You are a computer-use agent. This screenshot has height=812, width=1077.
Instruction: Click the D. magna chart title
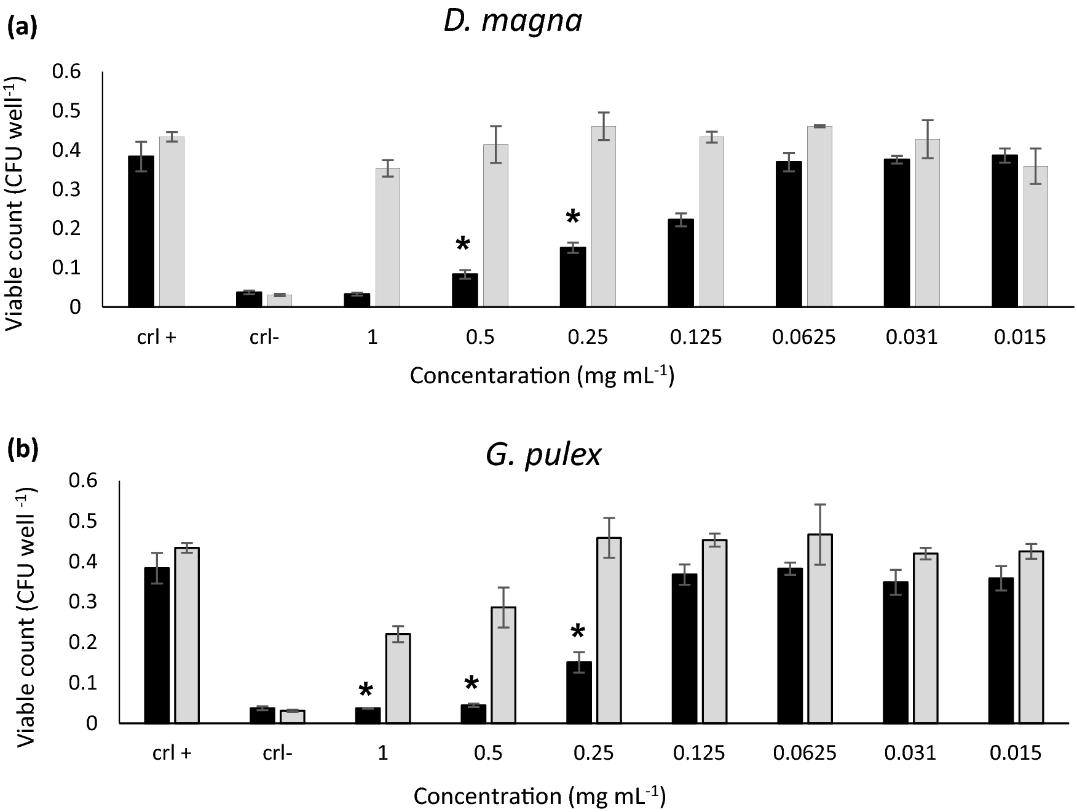point(512,22)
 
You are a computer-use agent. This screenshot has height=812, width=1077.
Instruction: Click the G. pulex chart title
point(543,455)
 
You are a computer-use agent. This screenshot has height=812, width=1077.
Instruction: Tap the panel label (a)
point(22,28)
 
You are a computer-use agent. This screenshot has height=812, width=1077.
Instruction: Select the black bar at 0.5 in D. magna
point(465,290)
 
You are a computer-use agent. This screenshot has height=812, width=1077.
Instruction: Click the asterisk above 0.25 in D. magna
point(572,218)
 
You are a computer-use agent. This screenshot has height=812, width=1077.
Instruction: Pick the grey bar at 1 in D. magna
point(387,237)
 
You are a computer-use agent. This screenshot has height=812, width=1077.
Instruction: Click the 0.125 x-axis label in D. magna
point(696,337)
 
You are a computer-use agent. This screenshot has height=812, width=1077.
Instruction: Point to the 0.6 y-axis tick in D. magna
point(66,72)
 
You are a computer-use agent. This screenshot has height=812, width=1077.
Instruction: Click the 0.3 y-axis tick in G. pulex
point(82,602)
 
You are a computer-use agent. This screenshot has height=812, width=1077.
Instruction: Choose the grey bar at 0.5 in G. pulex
point(503,665)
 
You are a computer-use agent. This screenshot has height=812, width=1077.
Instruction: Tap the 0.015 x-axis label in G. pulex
point(1016,753)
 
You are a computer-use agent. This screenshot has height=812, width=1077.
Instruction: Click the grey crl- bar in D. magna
point(280,300)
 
